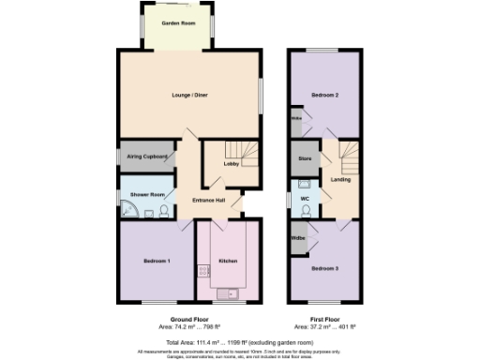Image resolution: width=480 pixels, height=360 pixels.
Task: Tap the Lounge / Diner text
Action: pos(187,97)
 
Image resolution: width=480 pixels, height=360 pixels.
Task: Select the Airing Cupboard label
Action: pos(147,156)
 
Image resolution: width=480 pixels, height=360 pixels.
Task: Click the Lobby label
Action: pos(230,164)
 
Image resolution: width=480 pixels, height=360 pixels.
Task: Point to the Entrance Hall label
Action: pos(209,201)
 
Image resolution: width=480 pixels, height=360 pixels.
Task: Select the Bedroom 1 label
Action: pos(156,260)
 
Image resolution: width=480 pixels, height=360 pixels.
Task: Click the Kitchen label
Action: pos(228,260)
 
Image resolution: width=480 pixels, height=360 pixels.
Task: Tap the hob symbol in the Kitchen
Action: pos(203,271)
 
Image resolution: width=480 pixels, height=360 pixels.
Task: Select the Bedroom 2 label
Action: pos(324,97)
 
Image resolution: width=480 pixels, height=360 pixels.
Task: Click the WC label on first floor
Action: pos(305,200)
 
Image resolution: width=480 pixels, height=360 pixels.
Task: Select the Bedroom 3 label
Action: pos(324,268)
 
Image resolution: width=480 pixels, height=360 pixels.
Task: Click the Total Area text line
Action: pos(236,344)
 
